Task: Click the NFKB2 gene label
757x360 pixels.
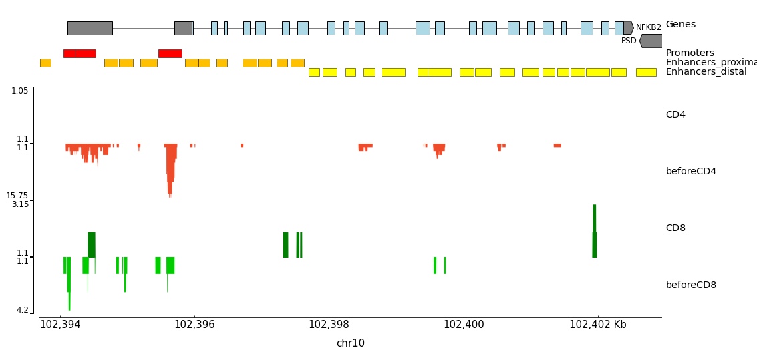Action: pos(648,27)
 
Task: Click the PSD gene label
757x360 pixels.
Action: pos(629,41)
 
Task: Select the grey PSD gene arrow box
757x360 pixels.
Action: pos(651,41)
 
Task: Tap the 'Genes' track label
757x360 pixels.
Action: pos(680,25)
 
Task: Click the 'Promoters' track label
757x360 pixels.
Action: pos(690,53)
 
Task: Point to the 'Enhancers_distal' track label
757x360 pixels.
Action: pos(706,72)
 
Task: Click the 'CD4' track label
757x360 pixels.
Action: pos(675,115)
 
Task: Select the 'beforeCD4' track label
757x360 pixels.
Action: pos(691,172)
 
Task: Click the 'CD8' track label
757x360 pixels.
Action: pos(675,228)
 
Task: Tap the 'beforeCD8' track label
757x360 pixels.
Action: pos(691,285)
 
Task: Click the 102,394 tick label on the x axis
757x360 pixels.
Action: pos(60,325)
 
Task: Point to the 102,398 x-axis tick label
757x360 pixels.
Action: pos(329,325)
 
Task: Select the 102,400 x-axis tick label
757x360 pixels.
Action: pos(464,325)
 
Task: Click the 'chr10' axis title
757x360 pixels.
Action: pos(350,343)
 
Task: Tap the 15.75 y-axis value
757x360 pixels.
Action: pos(17,196)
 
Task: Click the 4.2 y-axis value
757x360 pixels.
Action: pos(23,310)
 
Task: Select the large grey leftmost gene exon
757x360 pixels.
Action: pos(90,28)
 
